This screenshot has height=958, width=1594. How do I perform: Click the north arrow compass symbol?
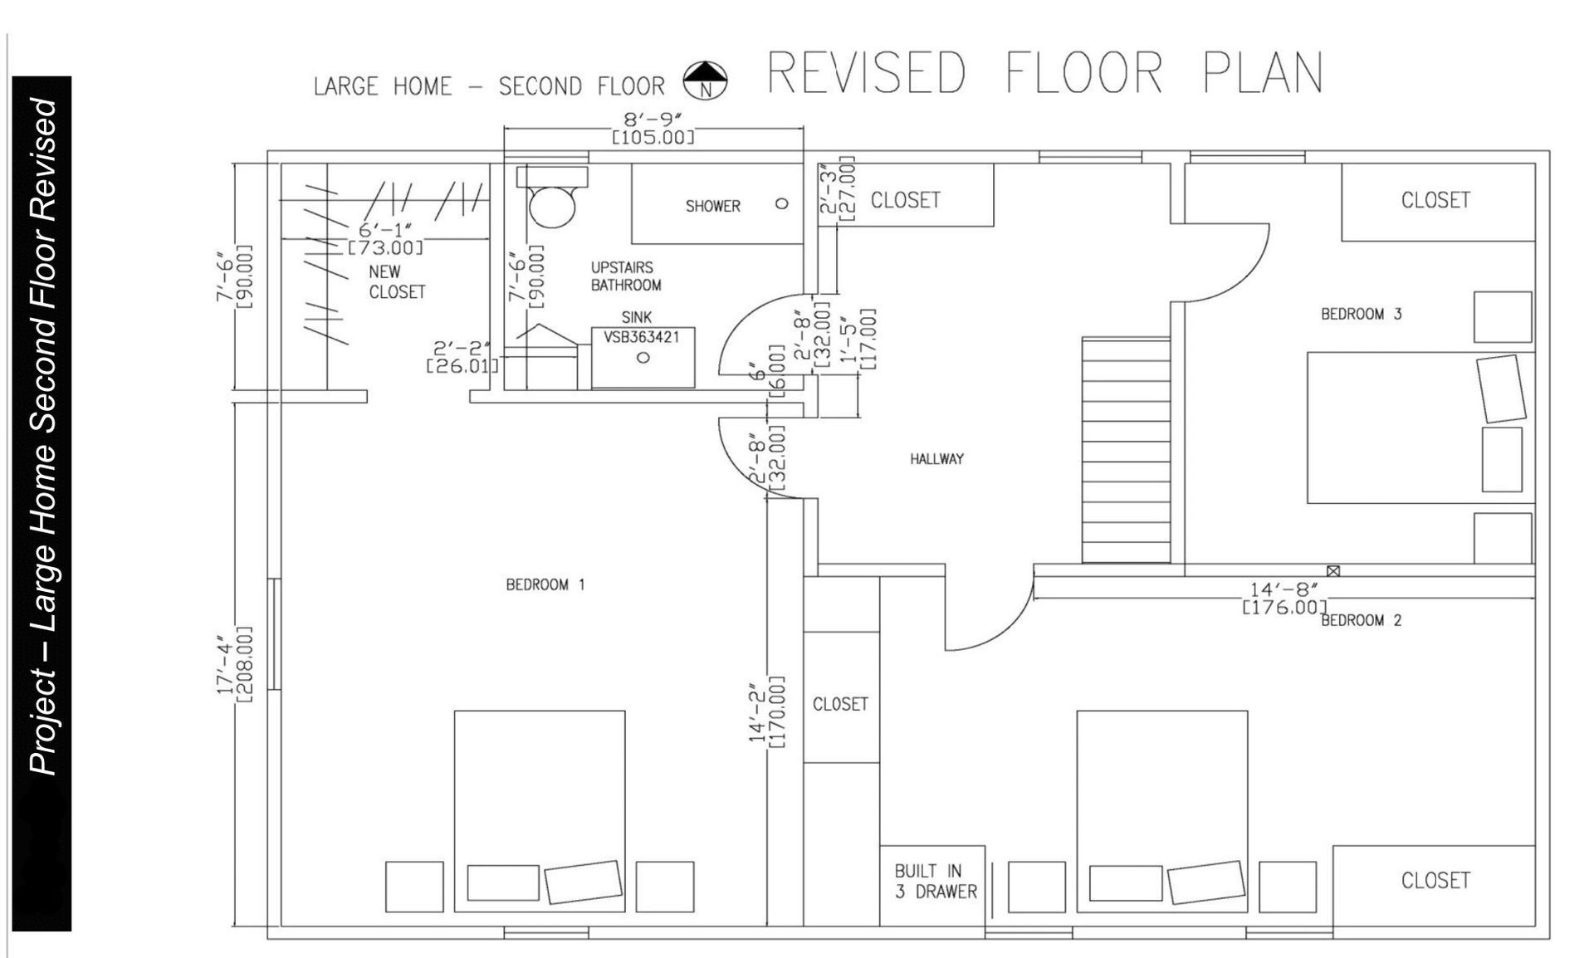pyautogui.click(x=704, y=81)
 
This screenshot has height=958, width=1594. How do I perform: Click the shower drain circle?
pyautogui.click(x=781, y=203)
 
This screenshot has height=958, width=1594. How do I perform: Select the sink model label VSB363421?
pyautogui.click(x=642, y=337)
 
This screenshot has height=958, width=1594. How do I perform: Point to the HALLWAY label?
pyautogui.click(x=936, y=459)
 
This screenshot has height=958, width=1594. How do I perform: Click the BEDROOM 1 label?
pyautogui.click(x=545, y=585)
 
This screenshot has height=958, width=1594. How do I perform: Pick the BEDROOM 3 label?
pyautogui.click(x=1361, y=314)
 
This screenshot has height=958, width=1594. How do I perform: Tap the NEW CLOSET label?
pyautogui.click(x=397, y=281)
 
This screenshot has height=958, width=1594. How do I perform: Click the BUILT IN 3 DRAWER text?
pyautogui.click(x=935, y=881)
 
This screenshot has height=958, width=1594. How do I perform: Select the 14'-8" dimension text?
pyautogui.click(x=1284, y=589)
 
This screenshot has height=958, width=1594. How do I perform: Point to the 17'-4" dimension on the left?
pyautogui.click(x=225, y=664)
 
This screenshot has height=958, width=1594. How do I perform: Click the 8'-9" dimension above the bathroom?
pyautogui.click(x=652, y=120)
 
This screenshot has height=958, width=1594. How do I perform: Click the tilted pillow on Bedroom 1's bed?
pyautogui.click(x=583, y=882)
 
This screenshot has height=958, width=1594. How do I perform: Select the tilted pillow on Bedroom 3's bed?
pyautogui.click(x=1501, y=389)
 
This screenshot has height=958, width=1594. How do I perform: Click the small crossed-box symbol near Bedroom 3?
pyautogui.click(x=1333, y=571)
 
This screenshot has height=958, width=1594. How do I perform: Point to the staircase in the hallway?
pyautogui.click(x=1126, y=449)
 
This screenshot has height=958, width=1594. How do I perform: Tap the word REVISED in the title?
pyautogui.click(x=866, y=73)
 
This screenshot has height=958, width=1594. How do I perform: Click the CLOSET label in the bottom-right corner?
pyautogui.click(x=1435, y=880)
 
